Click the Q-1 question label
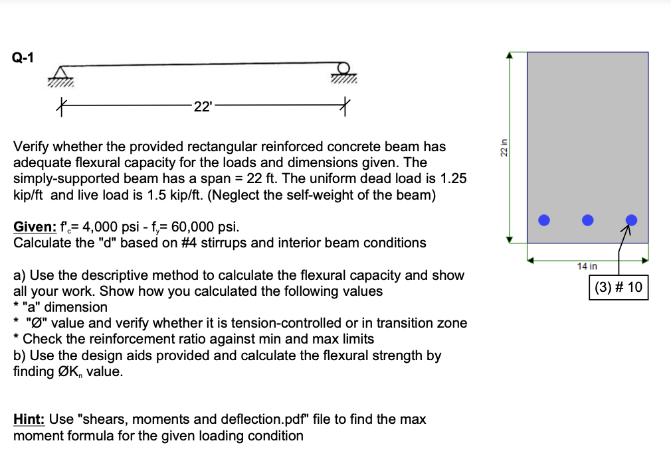coord(23,58)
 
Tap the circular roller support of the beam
coord(344,69)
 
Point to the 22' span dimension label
coord(201,105)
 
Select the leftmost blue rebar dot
coord(544,220)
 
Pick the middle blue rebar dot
coord(587,220)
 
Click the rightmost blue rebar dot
coord(632,220)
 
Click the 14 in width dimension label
coord(587,266)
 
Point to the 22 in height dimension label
coord(503,149)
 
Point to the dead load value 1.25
coord(452,178)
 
